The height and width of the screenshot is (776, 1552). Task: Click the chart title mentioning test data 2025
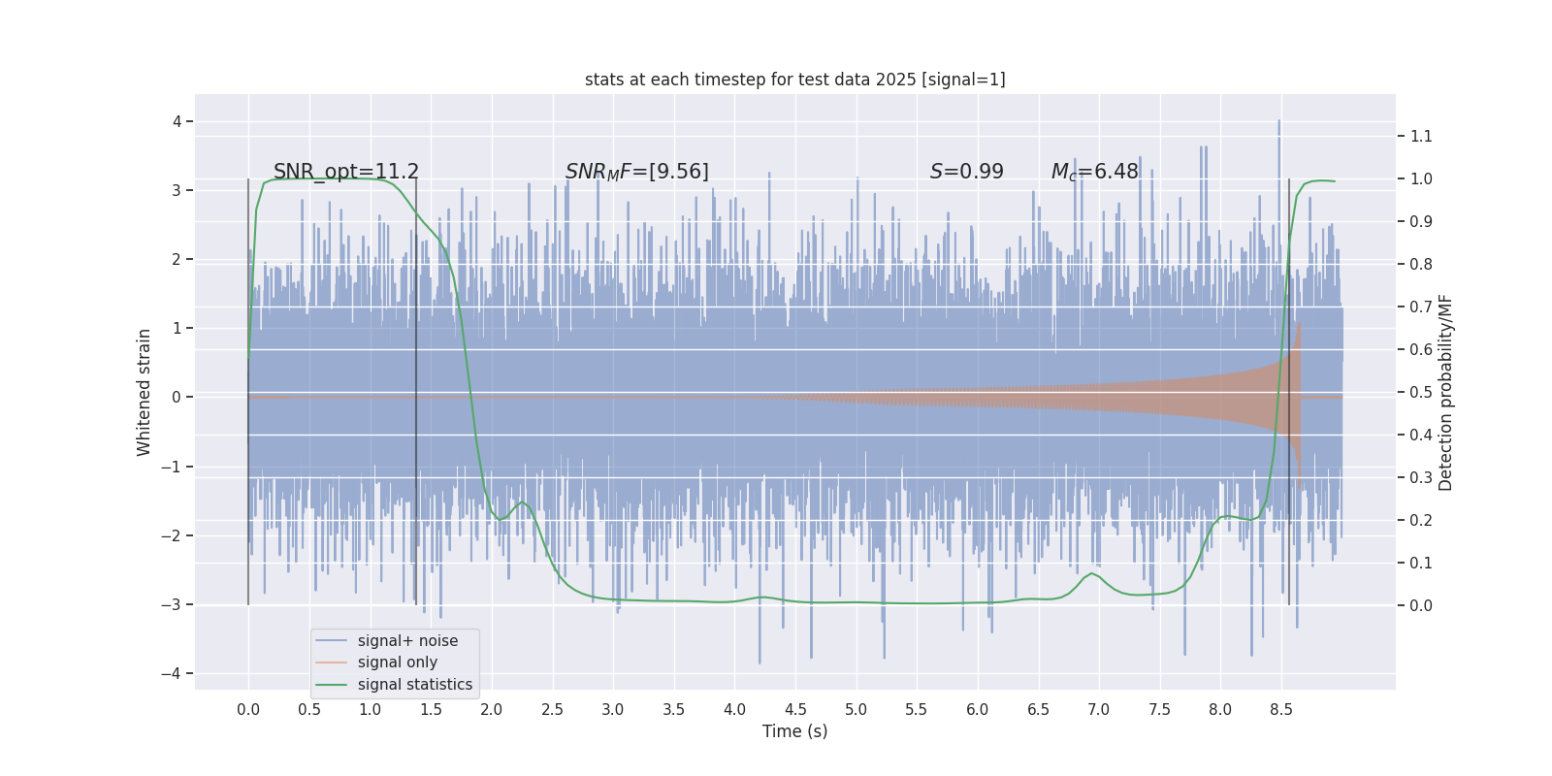click(794, 80)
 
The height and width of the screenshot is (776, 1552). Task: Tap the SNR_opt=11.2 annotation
click(346, 172)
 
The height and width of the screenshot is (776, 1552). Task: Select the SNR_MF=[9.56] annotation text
click(637, 172)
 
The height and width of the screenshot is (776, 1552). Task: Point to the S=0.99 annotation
click(966, 172)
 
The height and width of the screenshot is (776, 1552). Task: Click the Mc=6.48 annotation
click(1094, 172)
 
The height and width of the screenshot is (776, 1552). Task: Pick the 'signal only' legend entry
click(397, 663)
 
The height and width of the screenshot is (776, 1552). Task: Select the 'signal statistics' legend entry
click(414, 685)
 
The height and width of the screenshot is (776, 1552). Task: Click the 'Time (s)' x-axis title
click(794, 731)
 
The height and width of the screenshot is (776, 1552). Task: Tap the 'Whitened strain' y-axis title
click(145, 392)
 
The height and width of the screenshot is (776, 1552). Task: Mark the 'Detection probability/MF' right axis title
click(1445, 392)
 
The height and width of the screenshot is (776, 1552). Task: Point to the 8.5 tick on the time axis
click(1280, 709)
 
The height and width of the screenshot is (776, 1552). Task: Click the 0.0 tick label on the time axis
click(248, 709)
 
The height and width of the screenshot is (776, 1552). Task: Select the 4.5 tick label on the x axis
click(795, 709)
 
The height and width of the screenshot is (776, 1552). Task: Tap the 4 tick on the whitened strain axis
click(178, 121)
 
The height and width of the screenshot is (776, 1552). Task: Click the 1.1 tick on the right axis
click(1421, 136)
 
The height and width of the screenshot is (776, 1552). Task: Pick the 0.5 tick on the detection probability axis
click(1421, 392)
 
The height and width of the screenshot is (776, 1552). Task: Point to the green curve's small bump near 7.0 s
click(1092, 574)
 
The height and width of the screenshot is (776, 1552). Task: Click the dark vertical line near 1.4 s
click(416, 436)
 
